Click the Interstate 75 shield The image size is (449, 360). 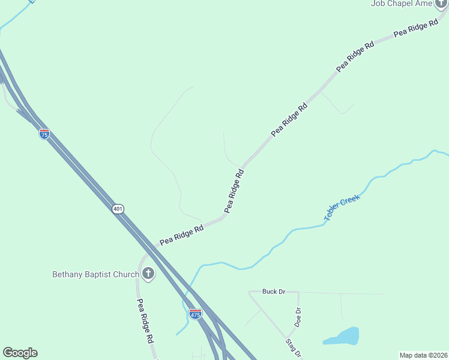point(44,134)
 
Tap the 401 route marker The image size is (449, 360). point(118,209)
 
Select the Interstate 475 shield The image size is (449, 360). point(195,313)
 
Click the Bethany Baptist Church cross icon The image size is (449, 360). point(148,274)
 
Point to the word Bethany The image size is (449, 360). point(68,275)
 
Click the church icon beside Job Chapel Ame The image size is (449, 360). point(442,3)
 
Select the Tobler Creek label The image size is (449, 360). point(342,208)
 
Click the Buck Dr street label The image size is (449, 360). point(273,292)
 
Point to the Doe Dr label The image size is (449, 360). point(297,316)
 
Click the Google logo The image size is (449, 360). point(20,353)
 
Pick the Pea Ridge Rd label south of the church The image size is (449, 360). point(145,321)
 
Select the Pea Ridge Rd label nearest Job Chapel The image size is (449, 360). point(415,28)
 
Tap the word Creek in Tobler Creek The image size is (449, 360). point(349,202)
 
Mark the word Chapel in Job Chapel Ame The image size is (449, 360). point(403,4)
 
